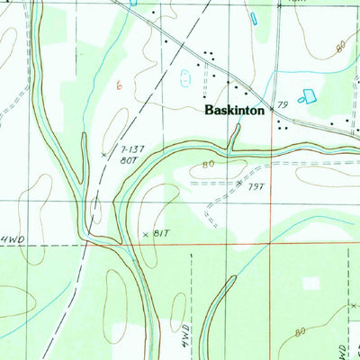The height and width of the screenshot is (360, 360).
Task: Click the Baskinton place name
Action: pos(234,112)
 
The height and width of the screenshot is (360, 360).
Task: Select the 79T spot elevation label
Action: pos(256,186)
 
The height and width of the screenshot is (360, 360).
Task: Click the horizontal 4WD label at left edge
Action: pos(12,239)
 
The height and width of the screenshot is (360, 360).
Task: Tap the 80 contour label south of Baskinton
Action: pos(208,165)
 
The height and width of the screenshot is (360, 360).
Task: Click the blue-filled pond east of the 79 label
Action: pos(310,95)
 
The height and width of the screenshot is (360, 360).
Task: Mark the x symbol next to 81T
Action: pos(145,234)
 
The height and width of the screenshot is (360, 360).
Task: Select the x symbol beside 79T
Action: pos(238,183)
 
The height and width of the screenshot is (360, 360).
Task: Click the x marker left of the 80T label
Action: pos(104,156)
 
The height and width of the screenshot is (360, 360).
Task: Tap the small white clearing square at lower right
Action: pos(311,283)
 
